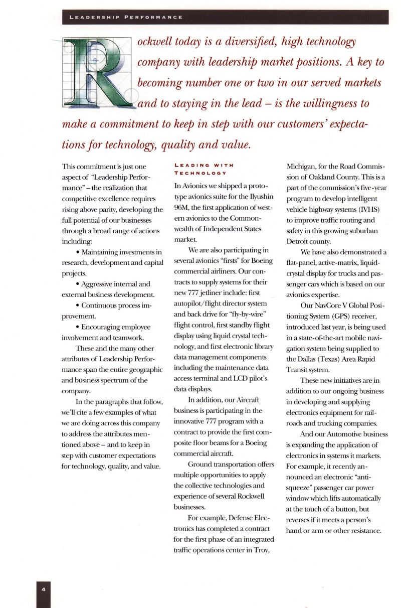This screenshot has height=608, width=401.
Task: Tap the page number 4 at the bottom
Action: [44, 589]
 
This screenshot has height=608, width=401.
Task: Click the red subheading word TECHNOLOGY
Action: [200, 173]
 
